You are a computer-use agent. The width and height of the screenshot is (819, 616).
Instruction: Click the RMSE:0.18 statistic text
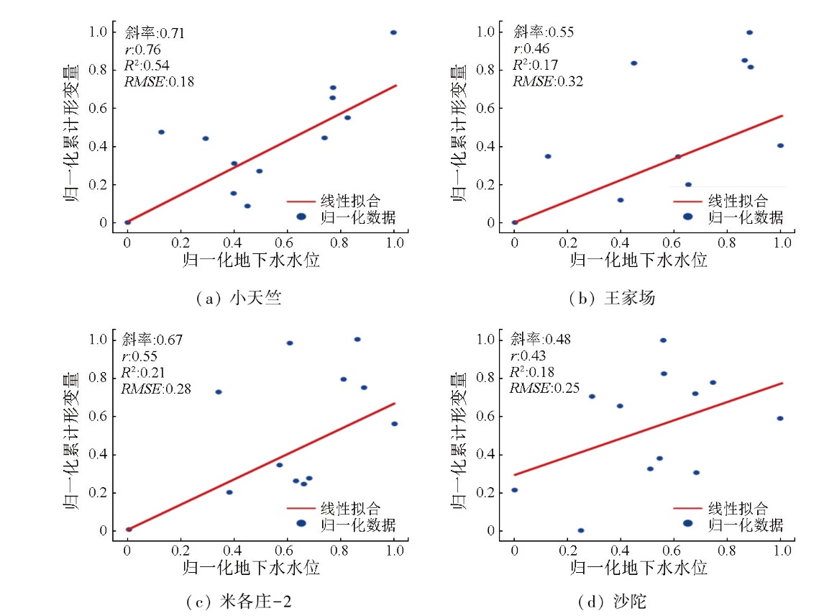[x=160, y=81]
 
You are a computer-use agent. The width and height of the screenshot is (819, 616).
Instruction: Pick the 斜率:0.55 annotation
[x=543, y=32]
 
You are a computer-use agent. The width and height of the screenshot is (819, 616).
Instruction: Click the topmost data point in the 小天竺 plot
[x=393, y=32]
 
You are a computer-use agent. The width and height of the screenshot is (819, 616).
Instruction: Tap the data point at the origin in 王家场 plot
[x=515, y=222]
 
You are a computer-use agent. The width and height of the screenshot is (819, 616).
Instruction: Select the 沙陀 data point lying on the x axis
[x=581, y=530]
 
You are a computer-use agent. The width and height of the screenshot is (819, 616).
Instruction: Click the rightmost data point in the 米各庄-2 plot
[x=394, y=424]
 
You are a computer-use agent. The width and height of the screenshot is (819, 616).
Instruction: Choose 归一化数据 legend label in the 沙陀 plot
[x=745, y=524]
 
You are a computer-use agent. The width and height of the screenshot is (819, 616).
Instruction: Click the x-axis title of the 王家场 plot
[x=639, y=260]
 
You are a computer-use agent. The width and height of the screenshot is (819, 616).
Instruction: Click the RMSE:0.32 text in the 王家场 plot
[x=547, y=81]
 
